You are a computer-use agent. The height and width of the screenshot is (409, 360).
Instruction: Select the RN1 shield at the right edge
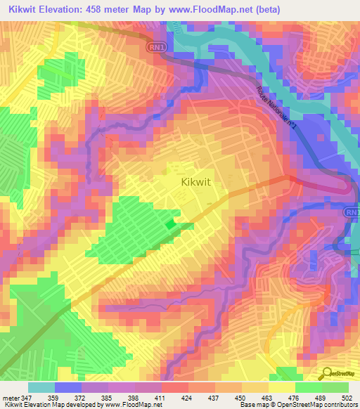pos(352,211)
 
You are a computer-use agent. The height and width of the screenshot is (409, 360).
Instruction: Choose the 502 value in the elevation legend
pos(348,397)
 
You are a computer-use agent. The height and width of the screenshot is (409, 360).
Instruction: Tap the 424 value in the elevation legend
pos(167,397)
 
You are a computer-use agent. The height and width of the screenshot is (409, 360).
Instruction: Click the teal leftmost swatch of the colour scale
pos(41,387)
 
